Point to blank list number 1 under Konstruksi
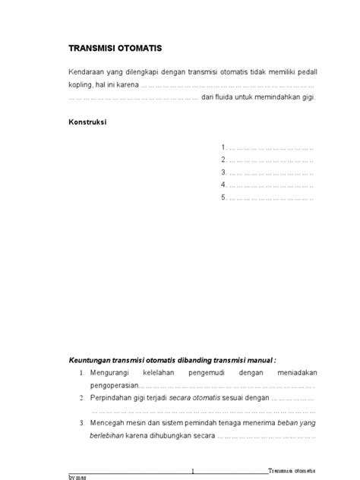pyautogui.click(x=267, y=147)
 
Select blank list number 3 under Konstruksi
pyautogui.click(x=267, y=172)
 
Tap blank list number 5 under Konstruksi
pyautogui.click(x=267, y=198)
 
